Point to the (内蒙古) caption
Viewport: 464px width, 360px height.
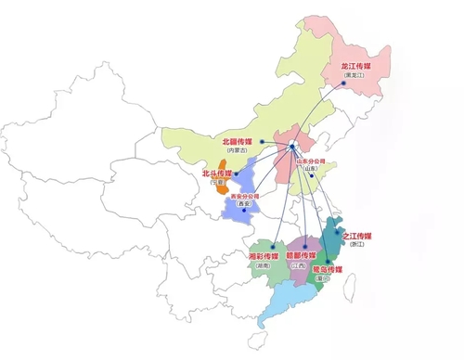[237, 151]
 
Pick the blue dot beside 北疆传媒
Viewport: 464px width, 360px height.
[264, 141]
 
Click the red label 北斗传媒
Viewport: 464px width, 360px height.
[216, 174]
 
